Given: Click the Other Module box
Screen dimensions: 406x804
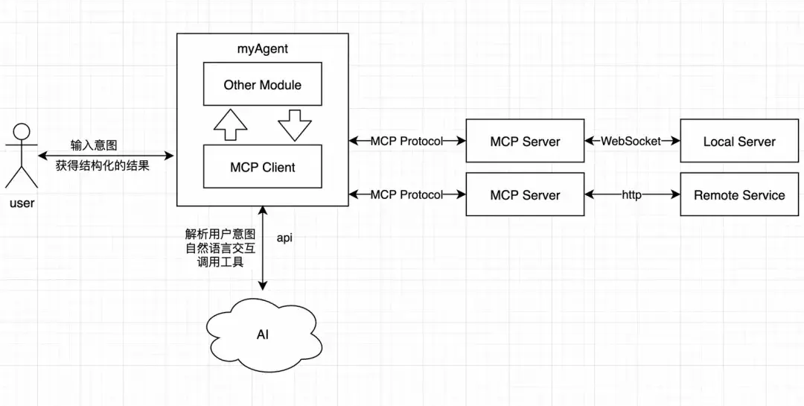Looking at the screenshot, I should [x=262, y=85].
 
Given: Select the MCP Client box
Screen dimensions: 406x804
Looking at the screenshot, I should [x=262, y=167].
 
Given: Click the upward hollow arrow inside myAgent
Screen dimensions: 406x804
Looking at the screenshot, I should [x=230, y=126].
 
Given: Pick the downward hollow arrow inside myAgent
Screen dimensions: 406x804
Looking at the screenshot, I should [x=295, y=125].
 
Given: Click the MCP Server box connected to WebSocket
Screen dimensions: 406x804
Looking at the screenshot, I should [x=525, y=141].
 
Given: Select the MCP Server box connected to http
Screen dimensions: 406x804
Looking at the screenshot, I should [x=525, y=195].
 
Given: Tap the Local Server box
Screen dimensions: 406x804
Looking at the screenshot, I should [x=739, y=141].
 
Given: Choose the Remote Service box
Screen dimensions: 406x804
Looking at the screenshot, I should [x=739, y=195].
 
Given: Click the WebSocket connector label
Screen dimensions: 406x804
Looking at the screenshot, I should [x=631, y=141].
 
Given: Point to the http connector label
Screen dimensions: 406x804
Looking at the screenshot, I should [x=632, y=195].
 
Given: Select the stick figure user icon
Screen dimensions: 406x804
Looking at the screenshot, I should [x=22, y=156].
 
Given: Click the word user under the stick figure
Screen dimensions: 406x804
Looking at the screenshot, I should [x=22, y=203].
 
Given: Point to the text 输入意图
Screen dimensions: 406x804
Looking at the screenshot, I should [x=94, y=145].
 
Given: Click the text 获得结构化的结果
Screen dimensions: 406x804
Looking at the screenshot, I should [x=102, y=165].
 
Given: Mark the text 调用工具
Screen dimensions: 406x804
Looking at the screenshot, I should [x=225, y=261].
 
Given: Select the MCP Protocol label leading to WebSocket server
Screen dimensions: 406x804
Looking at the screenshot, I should [x=406, y=141].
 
